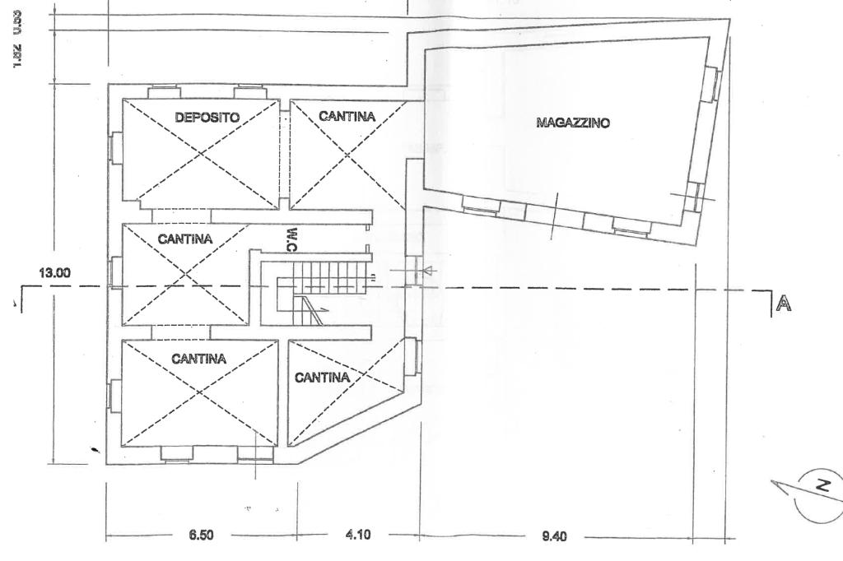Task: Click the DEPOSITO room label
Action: coord(207,118)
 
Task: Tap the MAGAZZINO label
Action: coord(572,123)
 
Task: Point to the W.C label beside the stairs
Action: coord(291,238)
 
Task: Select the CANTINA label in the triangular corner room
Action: coord(322,378)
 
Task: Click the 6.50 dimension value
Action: coord(201,535)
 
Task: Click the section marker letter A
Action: coord(784,304)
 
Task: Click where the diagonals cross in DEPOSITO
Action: coord(200,151)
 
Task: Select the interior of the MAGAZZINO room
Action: coord(568,165)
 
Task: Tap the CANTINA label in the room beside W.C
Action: coord(184,239)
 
